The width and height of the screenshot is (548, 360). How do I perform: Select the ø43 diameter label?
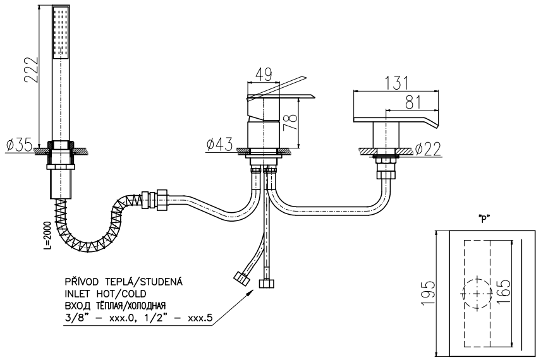(x=219, y=145)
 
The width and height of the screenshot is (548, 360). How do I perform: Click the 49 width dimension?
(x=264, y=74)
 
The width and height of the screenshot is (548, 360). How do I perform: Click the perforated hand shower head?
(x=60, y=35)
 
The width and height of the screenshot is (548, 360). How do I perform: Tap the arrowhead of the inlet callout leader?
(x=255, y=292)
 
